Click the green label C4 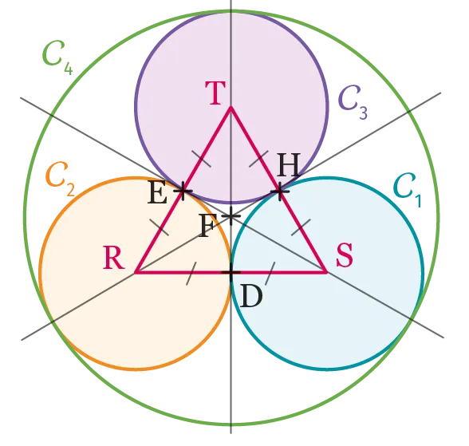57,57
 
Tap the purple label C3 353,102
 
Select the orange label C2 61,179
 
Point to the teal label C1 408,190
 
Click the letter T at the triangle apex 215,93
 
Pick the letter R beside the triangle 113,257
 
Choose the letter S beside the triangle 345,255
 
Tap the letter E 157,192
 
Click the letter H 289,165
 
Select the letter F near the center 208,225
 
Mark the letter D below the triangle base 251,296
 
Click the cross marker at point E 183,191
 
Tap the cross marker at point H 280,191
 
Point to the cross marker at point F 231,215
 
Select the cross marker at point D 231,272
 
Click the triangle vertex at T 231,107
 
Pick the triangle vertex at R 136,272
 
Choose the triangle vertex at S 326,272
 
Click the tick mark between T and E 201,159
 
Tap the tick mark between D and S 270,274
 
